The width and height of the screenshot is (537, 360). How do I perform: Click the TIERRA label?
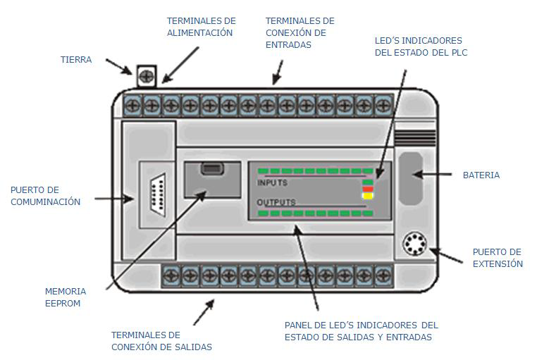tap(75, 60)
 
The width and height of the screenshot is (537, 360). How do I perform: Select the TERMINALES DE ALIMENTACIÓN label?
tap(201, 27)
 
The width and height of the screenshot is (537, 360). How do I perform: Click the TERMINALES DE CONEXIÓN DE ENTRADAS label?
tap(300, 32)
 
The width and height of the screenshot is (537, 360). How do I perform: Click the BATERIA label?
tap(481, 175)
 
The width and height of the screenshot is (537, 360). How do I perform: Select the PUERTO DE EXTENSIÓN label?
tap(498, 258)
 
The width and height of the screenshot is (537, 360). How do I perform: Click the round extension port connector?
tap(414, 246)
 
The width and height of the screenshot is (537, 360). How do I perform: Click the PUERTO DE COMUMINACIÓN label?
tap(45, 196)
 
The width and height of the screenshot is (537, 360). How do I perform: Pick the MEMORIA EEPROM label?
tap(66, 297)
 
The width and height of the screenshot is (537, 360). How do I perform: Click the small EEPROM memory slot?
tap(208, 168)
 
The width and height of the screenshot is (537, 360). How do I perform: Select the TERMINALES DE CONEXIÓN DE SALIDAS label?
tap(161, 340)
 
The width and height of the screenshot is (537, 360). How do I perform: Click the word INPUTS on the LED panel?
tap(272, 182)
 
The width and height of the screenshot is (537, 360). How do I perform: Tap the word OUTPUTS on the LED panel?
tap(276, 202)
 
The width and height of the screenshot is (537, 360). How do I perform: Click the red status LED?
tap(367, 188)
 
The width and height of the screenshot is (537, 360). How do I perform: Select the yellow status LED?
tap(367, 196)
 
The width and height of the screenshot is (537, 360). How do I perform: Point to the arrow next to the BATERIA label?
tap(442, 175)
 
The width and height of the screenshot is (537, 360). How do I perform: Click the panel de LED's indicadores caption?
tap(361, 331)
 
